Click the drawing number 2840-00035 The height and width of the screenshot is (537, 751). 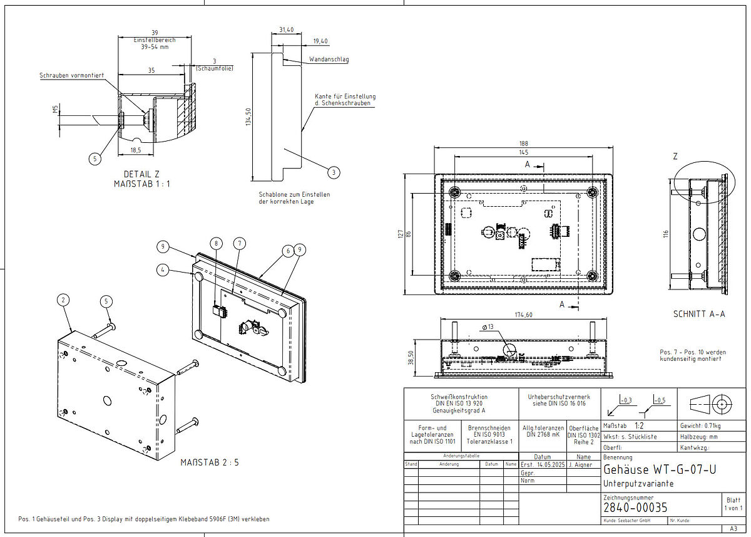[x=635, y=507]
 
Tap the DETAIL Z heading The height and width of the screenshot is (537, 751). [x=141, y=174]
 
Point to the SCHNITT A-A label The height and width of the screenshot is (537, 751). [x=699, y=314]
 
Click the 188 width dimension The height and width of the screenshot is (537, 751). [x=523, y=142]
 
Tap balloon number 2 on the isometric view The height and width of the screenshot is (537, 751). [x=63, y=300]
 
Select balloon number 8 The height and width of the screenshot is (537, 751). [x=217, y=242]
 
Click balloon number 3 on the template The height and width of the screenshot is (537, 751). [x=334, y=172]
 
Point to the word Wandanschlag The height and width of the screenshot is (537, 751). [x=329, y=60]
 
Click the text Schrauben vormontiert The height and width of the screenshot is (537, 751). [x=71, y=75]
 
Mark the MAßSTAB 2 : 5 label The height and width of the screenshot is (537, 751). [x=210, y=462]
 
